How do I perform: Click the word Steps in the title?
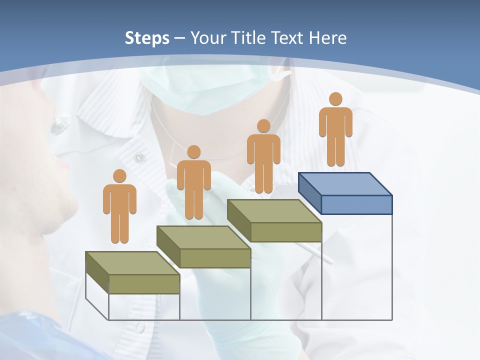[147, 38]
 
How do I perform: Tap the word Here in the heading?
[327, 38]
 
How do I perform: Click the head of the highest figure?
[335, 99]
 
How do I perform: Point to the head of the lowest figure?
[119, 176]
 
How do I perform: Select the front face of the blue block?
[356, 204]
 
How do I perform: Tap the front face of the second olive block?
[215, 258]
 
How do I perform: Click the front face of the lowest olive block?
[144, 284]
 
